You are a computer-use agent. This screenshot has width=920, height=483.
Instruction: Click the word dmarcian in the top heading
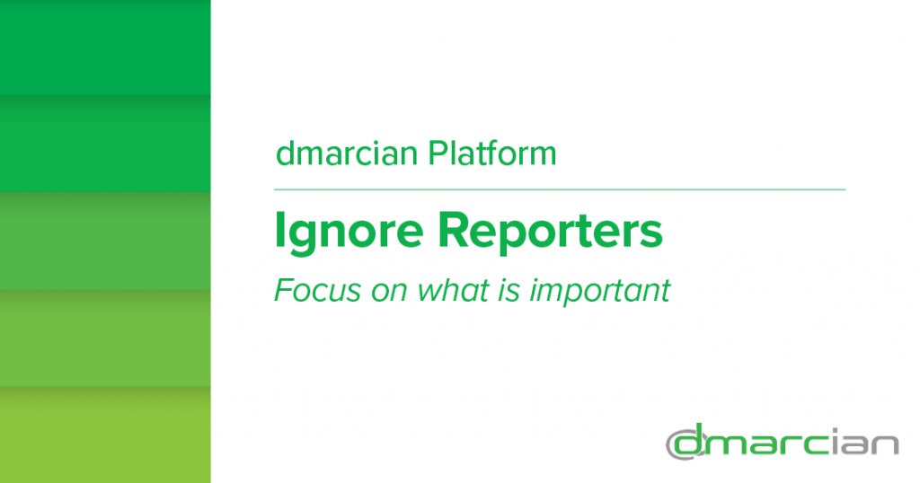pyautogui.click(x=347, y=154)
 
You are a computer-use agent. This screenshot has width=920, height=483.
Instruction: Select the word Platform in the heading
pyautogui.click(x=492, y=153)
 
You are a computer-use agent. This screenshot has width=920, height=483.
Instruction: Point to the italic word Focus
pyautogui.click(x=317, y=290)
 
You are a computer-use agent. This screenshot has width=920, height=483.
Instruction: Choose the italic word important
pyautogui.click(x=600, y=291)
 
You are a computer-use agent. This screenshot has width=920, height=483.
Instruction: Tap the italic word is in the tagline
pyautogui.click(x=509, y=291)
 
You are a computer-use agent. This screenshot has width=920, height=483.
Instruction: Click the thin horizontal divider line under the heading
pyautogui.click(x=560, y=190)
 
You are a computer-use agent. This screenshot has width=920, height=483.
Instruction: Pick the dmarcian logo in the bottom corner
pyautogui.click(x=783, y=442)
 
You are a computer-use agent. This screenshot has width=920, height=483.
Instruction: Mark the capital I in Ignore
pyautogui.click(x=280, y=231)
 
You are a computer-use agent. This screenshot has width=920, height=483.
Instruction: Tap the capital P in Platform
pyautogui.click(x=438, y=153)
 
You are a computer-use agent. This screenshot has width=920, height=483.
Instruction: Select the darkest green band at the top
pyautogui.click(x=105, y=48)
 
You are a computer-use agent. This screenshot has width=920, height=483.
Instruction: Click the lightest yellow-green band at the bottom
pyautogui.click(x=105, y=435)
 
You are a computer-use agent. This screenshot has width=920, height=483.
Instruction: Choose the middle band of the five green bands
pyautogui.click(x=105, y=241)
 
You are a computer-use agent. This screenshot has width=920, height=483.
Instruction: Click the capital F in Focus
pyautogui.click(x=284, y=290)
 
